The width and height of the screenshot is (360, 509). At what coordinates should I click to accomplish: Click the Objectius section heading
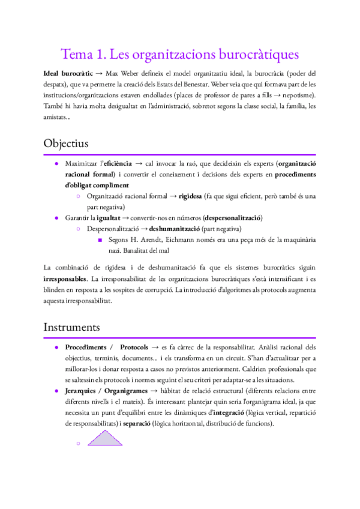(66, 144)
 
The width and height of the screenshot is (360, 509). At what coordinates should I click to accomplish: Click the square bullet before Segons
(100, 240)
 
